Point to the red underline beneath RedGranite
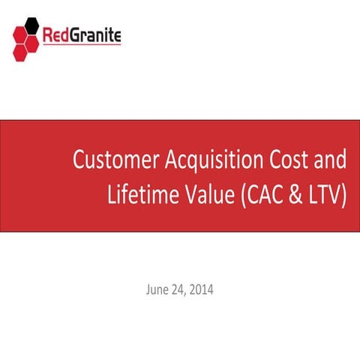(x=82, y=45)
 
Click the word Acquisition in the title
(x=206, y=161)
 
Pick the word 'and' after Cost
(x=331, y=161)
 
